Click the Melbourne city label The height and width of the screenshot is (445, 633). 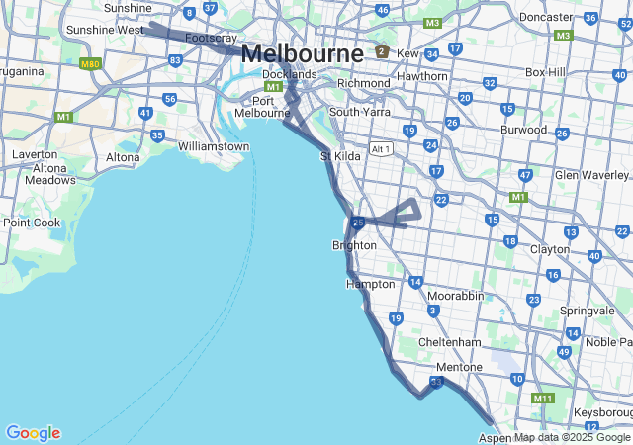302,53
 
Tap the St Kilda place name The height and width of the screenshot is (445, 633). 340,156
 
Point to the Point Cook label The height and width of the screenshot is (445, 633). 33,222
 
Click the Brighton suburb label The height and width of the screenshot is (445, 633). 354,245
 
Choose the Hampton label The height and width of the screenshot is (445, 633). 370,284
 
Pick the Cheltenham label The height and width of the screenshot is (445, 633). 449,342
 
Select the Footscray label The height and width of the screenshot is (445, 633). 211,38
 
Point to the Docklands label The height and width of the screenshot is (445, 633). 290,74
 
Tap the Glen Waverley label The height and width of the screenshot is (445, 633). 592,175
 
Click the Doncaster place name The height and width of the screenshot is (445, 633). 546,17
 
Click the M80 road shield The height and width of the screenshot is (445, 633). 91,64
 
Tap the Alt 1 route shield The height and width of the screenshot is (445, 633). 381,149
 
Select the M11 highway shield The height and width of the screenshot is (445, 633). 542,399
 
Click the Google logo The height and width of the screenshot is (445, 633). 33,433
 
